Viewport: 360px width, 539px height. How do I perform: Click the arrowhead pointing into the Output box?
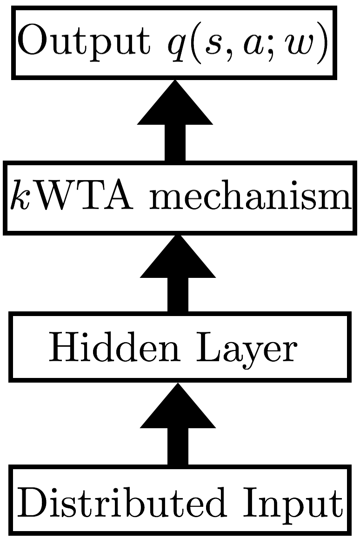[175, 105]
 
